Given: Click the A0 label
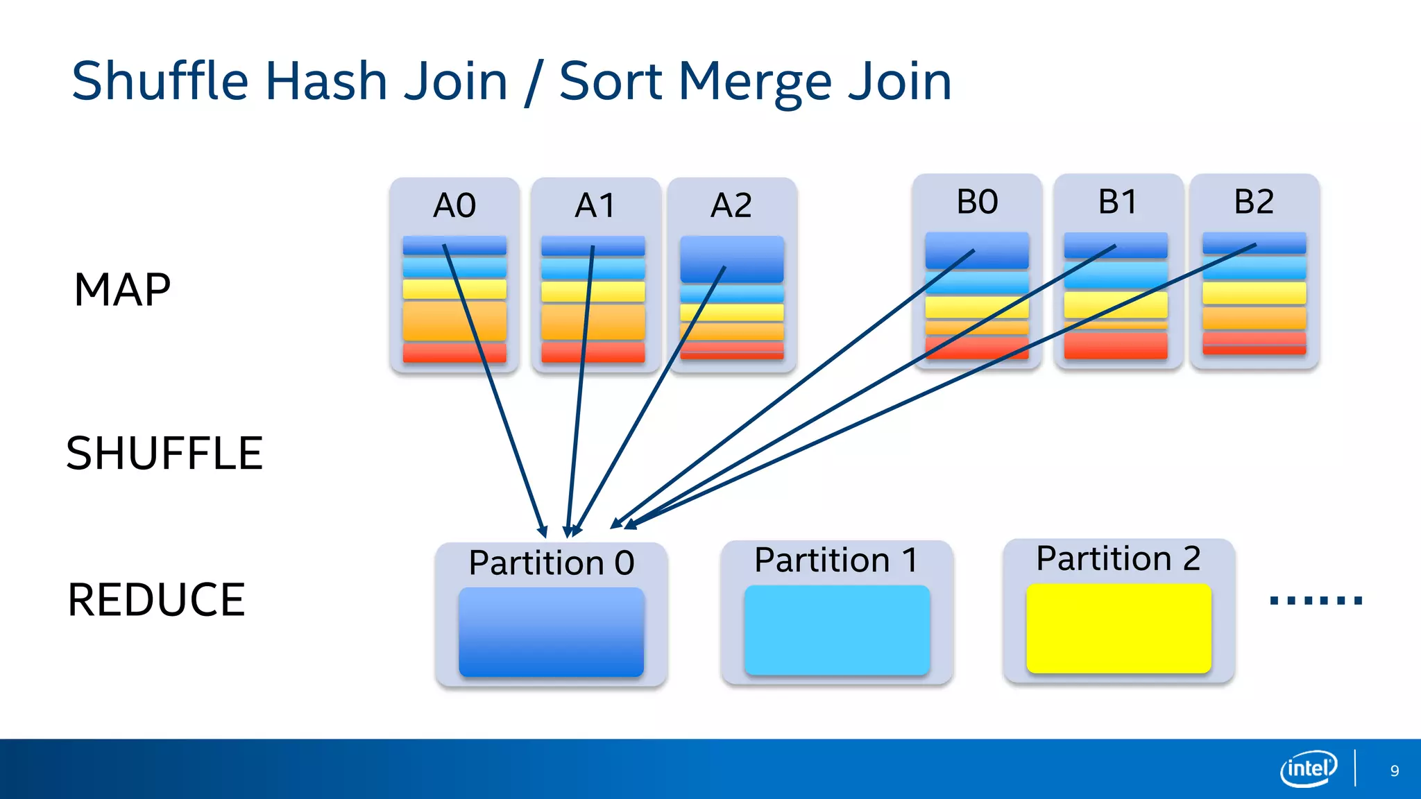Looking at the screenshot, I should pyautogui.click(x=454, y=205).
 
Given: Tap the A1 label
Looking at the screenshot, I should pyautogui.click(x=595, y=205).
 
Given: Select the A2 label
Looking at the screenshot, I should pyautogui.click(x=731, y=205).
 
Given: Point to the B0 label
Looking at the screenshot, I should pyautogui.click(x=977, y=202).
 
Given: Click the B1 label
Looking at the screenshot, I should pyautogui.click(x=1117, y=202).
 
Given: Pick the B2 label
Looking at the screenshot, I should pyautogui.click(x=1254, y=202).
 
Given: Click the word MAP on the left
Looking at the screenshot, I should pyautogui.click(x=122, y=290).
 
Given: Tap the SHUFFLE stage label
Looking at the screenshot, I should pyautogui.click(x=164, y=454).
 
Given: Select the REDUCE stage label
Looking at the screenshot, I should pyautogui.click(x=156, y=600).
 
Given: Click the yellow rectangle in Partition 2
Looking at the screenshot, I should pyautogui.click(x=1118, y=628).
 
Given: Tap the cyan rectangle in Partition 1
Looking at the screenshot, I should pyautogui.click(x=837, y=630).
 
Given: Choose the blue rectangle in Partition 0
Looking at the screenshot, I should pyautogui.click(x=551, y=632).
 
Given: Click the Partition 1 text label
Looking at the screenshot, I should pyautogui.click(x=836, y=560).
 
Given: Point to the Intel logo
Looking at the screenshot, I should pyautogui.click(x=1309, y=768).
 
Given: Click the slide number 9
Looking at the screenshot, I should pyautogui.click(x=1394, y=771).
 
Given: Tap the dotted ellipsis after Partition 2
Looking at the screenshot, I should pyautogui.click(x=1316, y=601).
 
